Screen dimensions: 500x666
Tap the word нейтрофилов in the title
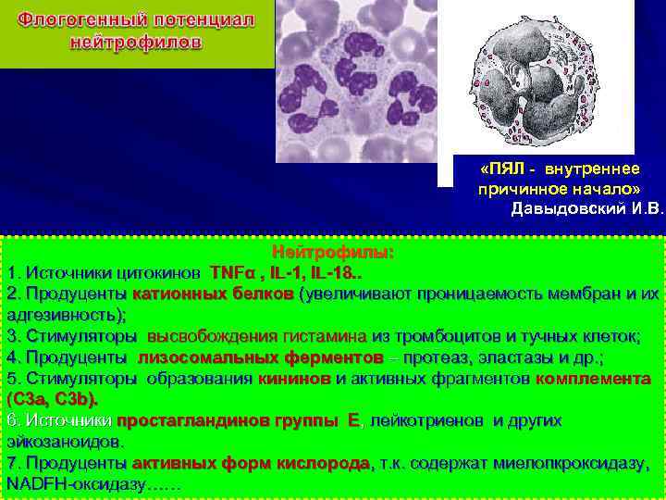point(138,42)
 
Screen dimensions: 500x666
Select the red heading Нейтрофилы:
point(332,252)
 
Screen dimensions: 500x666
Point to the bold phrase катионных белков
point(213,294)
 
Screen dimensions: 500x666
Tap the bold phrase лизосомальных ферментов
point(261,357)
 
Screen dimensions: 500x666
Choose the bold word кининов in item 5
point(295,379)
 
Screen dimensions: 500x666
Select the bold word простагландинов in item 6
point(192,420)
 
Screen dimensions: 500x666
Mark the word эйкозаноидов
point(65,442)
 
